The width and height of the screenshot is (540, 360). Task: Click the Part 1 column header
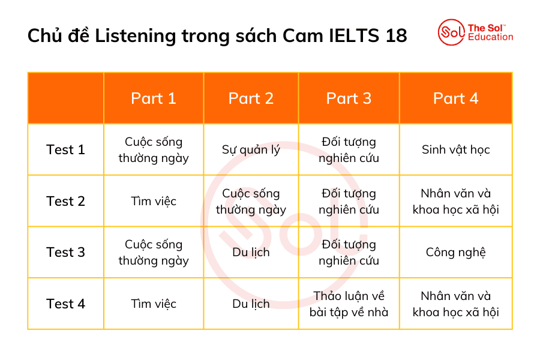[x=154, y=98]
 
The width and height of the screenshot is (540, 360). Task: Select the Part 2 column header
[x=251, y=98]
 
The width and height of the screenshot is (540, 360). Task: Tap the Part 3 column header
[x=349, y=98]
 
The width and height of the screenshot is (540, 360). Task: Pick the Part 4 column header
[x=456, y=98]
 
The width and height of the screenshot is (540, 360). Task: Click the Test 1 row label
[x=65, y=150]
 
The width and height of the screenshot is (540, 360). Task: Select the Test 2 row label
[x=65, y=201]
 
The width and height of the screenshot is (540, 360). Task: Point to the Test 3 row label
[x=65, y=252]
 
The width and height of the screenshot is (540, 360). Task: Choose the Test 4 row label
[x=65, y=304]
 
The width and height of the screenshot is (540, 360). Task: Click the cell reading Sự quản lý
[x=251, y=150]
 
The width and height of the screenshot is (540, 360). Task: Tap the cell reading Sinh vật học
[x=456, y=150]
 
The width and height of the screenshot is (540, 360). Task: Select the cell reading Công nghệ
[x=456, y=252]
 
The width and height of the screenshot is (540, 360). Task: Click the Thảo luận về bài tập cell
[x=349, y=304]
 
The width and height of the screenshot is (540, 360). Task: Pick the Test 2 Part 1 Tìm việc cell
[x=154, y=201]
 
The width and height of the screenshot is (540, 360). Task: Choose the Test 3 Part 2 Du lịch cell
[x=251, y=252]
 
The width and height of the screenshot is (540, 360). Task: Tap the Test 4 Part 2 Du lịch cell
[x=251, y=304]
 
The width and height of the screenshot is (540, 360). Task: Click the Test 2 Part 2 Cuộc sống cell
[x=251, y=201]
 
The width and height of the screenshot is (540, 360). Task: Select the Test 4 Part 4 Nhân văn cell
[x=456, y=304]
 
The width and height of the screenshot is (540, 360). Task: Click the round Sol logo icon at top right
[x=451, y=32]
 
